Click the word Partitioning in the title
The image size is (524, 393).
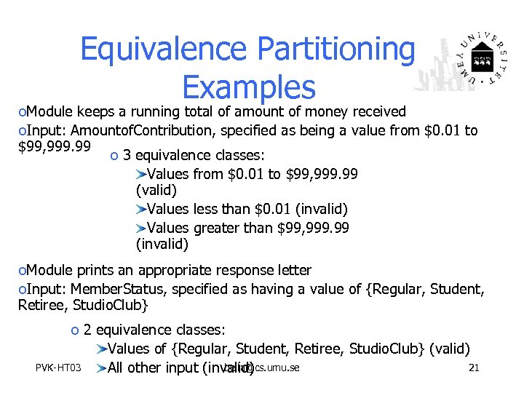[x=335, y=49]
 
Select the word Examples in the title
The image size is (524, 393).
[x=249, y=87]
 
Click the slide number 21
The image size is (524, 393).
[x=474, y=368]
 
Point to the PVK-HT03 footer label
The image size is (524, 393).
[x=59, y=368]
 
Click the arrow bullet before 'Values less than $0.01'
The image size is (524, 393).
[x=141, y=210]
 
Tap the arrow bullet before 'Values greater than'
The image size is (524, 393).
[x=141, y=228]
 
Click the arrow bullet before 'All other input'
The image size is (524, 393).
[x=100, y=368]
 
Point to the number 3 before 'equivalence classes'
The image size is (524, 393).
[x=127, y=155]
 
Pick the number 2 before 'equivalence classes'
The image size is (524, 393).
[x=87, y=330]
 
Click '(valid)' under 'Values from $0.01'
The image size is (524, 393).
[x=156, y=191]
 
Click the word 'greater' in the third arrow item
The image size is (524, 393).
[x=218, y=228]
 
